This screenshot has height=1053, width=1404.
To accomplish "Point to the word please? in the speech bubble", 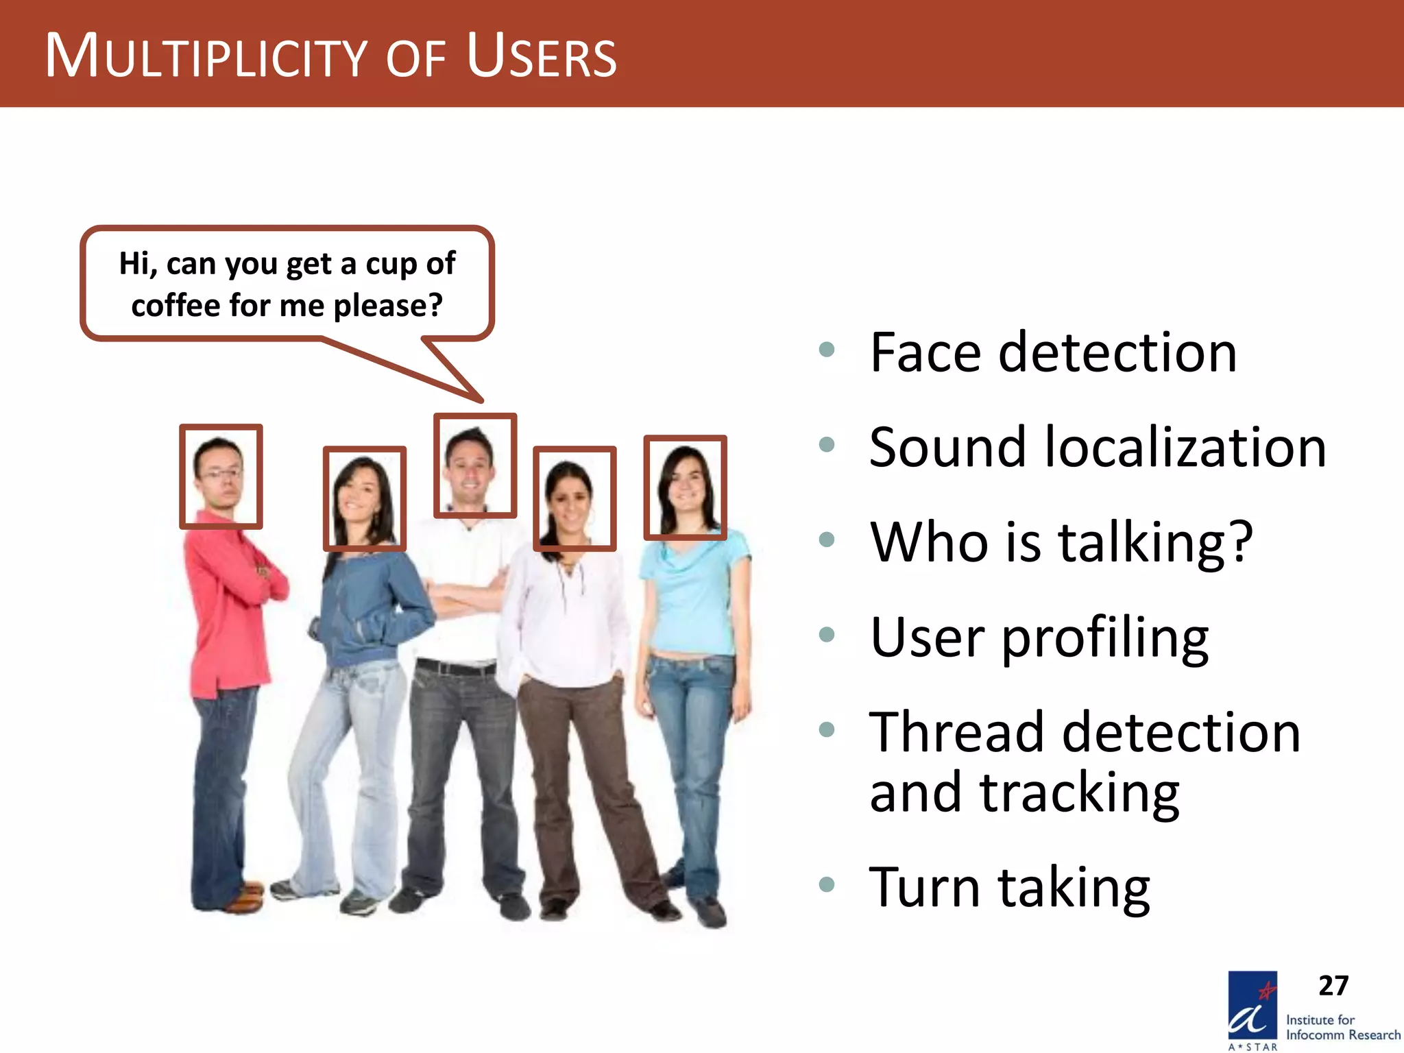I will point(388,305).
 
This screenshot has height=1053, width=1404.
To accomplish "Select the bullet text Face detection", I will point(1053,352).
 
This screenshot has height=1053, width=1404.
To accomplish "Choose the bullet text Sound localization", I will point(1097,447).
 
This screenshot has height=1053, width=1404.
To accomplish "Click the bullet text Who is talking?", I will point(1061,542).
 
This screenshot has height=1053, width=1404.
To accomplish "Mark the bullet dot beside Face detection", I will point(827,350).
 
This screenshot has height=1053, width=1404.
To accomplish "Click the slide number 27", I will point(1333,986).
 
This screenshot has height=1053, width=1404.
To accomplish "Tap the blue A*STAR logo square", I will point(1252,1006).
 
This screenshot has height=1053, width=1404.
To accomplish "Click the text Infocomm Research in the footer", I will point(1343,1035).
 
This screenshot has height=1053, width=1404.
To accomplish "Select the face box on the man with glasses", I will point(221,476).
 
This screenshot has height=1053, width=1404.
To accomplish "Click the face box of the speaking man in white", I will point(475,465).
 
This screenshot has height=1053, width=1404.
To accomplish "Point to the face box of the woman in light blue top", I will point(685,487).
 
